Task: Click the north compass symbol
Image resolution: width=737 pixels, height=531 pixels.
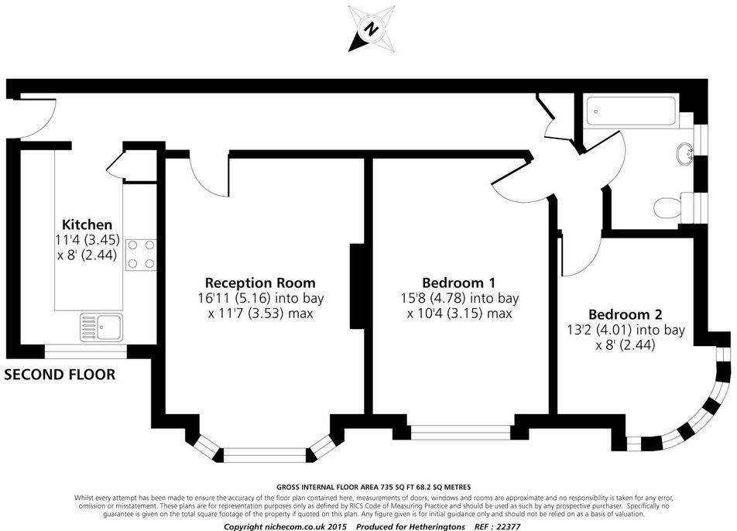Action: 371,29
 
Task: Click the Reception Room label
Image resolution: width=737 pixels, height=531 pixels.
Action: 260,283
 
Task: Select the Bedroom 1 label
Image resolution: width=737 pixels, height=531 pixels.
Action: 459,283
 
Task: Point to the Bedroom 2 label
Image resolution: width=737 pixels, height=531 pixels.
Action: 625,314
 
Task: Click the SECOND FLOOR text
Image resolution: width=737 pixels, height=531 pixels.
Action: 60,375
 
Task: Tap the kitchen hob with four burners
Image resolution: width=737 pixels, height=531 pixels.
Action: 139,254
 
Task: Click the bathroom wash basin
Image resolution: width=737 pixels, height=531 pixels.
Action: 685,155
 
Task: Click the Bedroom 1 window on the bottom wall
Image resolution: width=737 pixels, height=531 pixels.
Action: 460,431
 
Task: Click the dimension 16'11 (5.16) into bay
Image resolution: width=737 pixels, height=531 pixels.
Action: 260,298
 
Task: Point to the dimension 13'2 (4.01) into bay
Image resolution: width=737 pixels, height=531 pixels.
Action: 626,331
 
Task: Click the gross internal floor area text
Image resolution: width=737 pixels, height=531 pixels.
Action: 368,486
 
